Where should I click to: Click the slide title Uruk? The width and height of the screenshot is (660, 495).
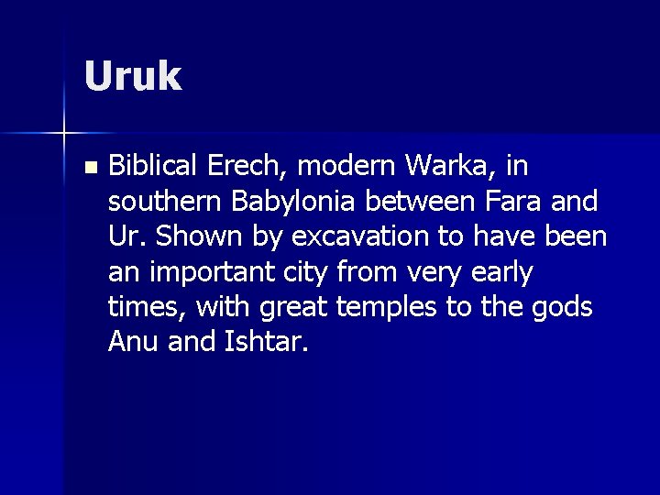tap(133, 76)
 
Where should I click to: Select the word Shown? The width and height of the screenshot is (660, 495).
tap(198, 236)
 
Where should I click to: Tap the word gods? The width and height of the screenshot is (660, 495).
tap(564, 306)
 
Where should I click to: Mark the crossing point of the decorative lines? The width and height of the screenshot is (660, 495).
tap(64, 134)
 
